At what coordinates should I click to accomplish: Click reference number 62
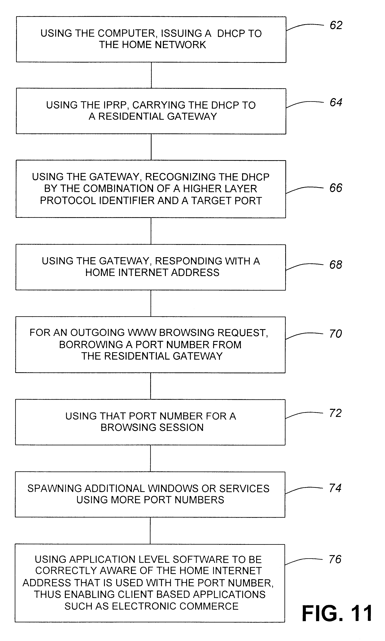pyautogui.click(x=336, y=25)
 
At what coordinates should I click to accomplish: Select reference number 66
pyautogui.click(x=336, y=188)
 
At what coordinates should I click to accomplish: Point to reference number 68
pyautogui.click(x=336, y=265)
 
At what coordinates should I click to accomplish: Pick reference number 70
pyautogui.click(x=335, y=334)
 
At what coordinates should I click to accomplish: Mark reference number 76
pyautogui.click(x=335, y=559)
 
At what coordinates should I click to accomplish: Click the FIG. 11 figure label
pyautogui.click(x=337, y=613)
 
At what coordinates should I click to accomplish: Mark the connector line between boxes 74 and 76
pyautogui.click(x=150, y=531)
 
